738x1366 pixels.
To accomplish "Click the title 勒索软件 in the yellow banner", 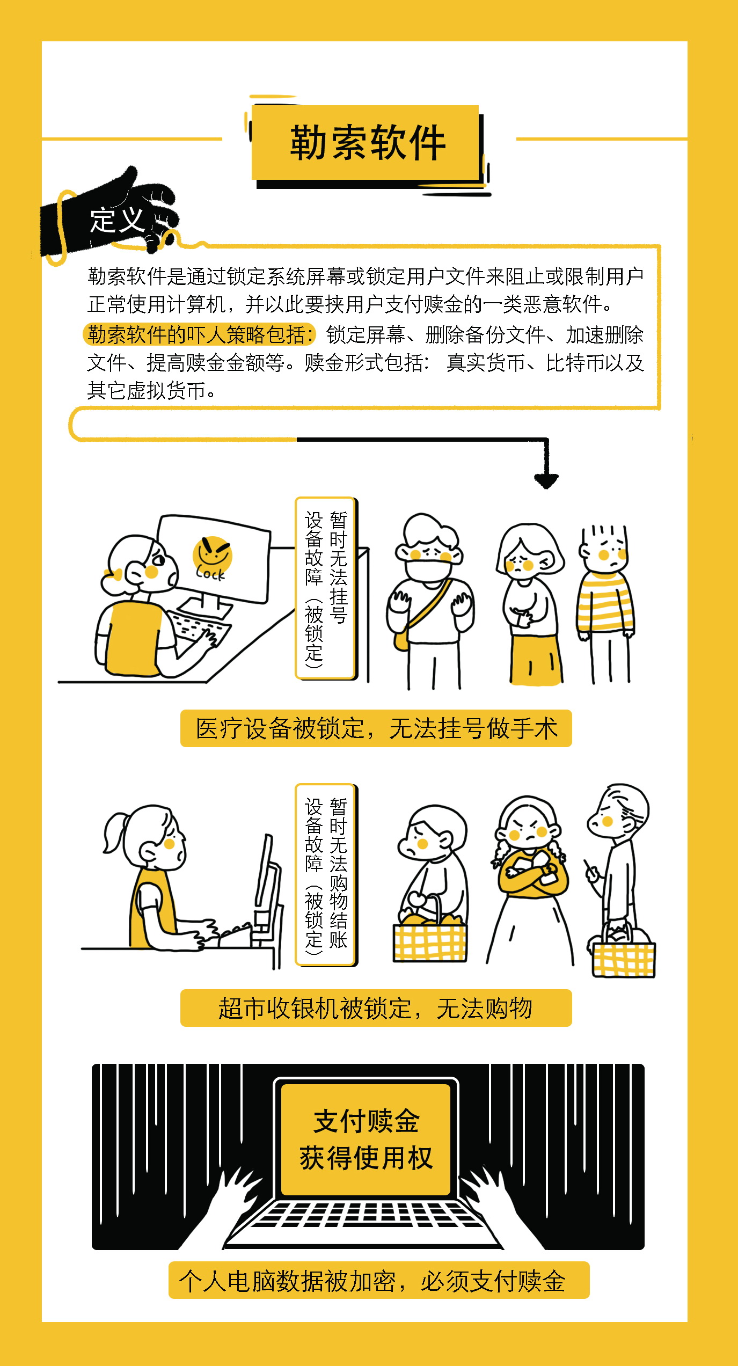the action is tap(368, 143).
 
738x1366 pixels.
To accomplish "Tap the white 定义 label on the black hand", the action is tap(117, 220).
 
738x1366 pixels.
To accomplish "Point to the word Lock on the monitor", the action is tap(210, 573).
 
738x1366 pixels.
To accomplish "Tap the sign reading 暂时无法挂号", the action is tap(338, 567).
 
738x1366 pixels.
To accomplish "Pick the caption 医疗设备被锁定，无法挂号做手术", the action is tap(376, 728).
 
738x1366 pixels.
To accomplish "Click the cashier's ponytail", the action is tap(115, 832).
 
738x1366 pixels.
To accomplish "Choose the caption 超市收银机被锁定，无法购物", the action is tap(376, 1008).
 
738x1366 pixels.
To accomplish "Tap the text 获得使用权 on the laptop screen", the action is tap(367, 1157).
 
